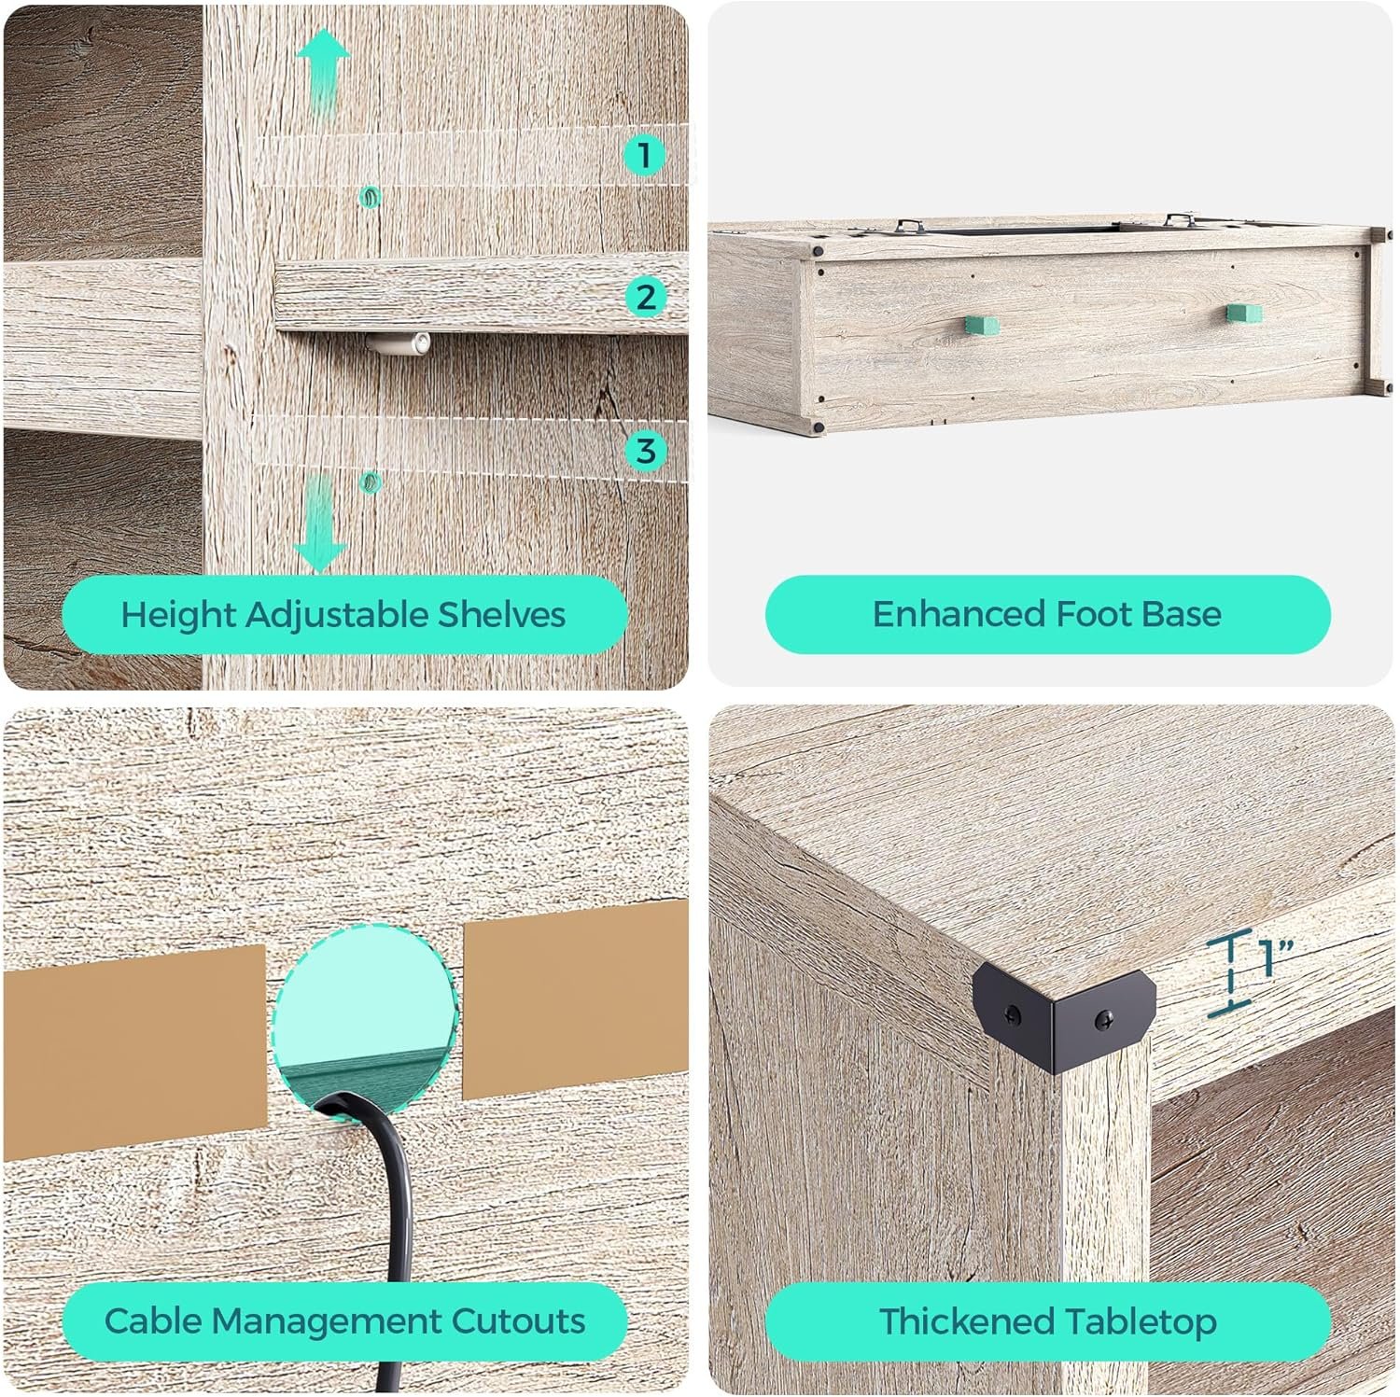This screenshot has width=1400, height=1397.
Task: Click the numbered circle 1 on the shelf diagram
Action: (644, 154)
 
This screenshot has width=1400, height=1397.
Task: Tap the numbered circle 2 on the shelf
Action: (645, 298)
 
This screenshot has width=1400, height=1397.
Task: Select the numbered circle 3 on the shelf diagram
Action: (645, 451)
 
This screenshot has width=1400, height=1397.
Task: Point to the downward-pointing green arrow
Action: (320, 524)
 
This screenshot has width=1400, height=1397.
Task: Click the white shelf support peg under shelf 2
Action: (399, 344)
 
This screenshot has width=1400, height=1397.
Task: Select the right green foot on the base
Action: (1243, 314)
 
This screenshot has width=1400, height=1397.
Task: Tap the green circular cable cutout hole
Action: (367, 1017)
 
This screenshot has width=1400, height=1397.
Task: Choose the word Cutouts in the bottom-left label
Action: (518, 1321)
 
